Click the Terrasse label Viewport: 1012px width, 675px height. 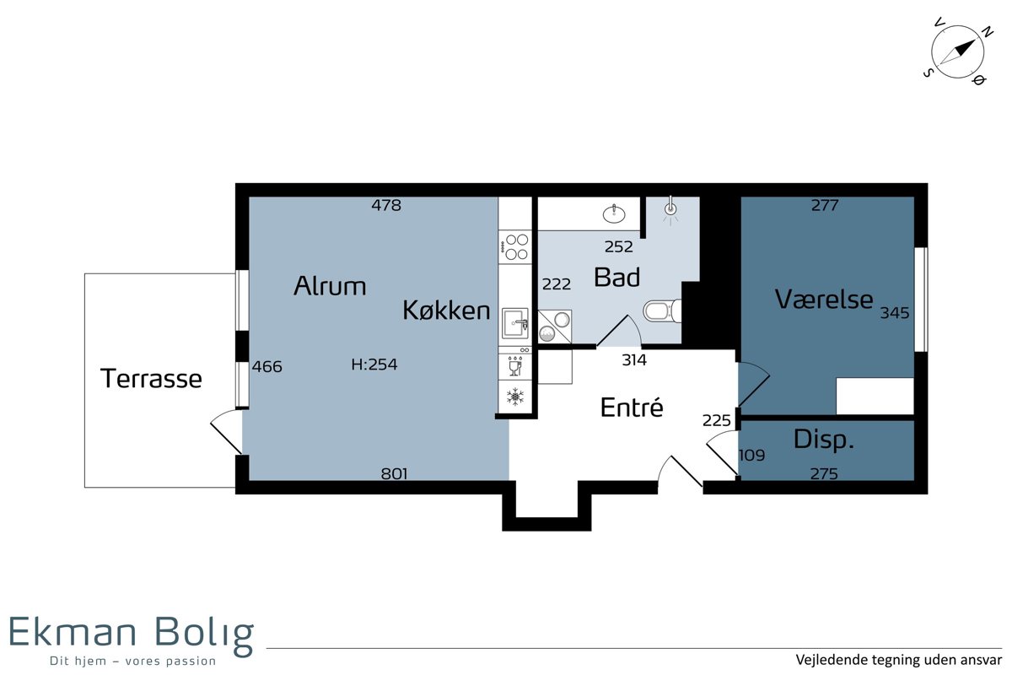click(151, 378)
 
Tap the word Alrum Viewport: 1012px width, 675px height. click(330, 286)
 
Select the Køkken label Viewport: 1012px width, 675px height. click(446, 310)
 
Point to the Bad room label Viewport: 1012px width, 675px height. click(616, 277)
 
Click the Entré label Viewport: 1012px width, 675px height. click(632, 407)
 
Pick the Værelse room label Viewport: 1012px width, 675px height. click(824, 299)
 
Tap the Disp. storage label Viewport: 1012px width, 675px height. click(824, 440)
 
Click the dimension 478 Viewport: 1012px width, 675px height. click(386, 205)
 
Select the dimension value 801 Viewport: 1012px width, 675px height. click(395, 473)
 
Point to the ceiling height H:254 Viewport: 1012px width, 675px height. click(374, 364)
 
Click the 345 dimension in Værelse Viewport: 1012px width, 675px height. click(895, 312)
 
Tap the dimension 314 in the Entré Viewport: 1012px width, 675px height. click(634, 360)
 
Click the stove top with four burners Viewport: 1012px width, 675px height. click(515, 247)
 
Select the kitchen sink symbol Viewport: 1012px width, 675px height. click(515, 323)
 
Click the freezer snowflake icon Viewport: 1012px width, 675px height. click(515, 397)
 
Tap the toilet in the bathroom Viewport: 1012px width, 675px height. click(662, 310)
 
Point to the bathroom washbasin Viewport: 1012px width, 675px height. click(614, 213)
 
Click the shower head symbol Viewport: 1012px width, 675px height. click(671, 209)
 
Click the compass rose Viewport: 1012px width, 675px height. click(957, 53)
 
